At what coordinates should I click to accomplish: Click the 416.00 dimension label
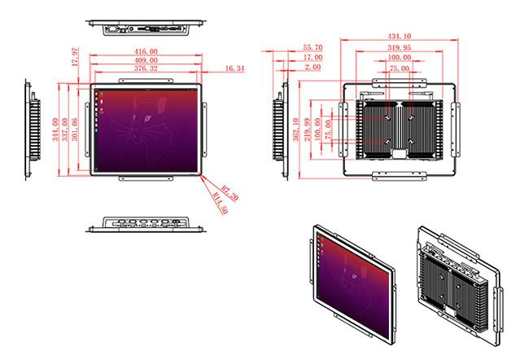(x=146, y=51)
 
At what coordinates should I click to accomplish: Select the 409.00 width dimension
(x=146, y=60)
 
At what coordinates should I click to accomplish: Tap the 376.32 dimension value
(x=146, y=68)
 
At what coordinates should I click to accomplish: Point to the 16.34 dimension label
(x=234, y=68)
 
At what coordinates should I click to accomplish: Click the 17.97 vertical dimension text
(x=75, y=57)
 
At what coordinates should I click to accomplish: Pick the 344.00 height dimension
(x=55, y=130)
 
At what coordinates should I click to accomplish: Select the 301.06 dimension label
(x=75, y=130)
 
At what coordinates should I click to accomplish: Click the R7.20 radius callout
(x=230, y=192)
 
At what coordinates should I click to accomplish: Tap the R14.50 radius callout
(x=220, y=203)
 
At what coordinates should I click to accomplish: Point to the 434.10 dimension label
(x=399, y=36)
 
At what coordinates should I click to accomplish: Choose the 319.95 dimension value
(x=399, y=47)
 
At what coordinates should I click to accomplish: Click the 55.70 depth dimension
(x=313, y=47)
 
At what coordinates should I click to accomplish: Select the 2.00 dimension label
(x=313, y=68)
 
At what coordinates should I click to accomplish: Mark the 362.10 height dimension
(x=296, y=130)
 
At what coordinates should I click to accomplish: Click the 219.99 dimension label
(x=307, y=130)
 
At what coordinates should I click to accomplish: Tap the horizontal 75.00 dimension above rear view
(x=399, y=68)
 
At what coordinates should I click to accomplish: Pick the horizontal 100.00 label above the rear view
(x=399, y=57)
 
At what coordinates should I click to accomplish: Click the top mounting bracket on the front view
(x=146, y=81)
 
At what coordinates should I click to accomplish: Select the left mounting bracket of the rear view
(x=343, y=130)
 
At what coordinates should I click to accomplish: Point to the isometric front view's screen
(x=353, y=284)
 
